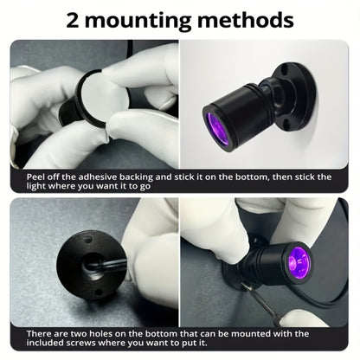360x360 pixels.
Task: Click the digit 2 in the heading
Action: point(73,20)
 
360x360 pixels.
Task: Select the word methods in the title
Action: point(246,20)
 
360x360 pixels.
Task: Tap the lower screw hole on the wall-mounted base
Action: point(286,124)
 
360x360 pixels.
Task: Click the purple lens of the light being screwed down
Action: point(298,262)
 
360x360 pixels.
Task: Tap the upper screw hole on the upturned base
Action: point(87,240)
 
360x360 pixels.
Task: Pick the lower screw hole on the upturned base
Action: point(98,292)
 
